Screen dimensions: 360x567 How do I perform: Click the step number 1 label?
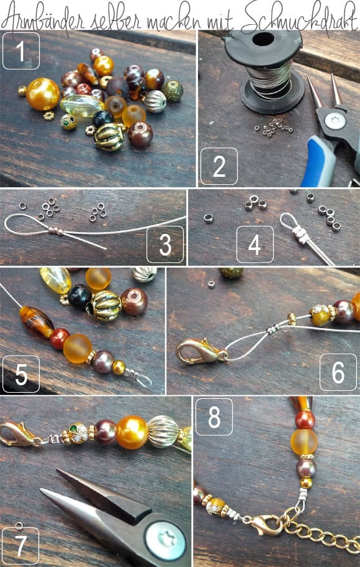coord(20,51)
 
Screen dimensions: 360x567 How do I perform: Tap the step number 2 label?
coord(219,166)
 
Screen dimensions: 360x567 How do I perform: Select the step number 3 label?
coord(165,244)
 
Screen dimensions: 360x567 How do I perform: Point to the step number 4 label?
coord(254,244)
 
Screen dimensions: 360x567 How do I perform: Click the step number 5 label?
coord(21,374)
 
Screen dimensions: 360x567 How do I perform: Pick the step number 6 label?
coord(338,372)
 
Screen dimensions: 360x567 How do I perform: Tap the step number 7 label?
coord(20,545)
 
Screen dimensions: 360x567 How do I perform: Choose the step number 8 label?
coord(214,417)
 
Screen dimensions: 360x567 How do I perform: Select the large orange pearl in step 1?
coord(43,94)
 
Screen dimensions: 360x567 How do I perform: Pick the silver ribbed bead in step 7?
coord(163,431)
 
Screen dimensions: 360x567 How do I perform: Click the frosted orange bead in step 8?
coord(304,441)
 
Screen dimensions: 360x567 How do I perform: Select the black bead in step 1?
coord(103,119)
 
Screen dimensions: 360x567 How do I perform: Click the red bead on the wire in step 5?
coord(59,339)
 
